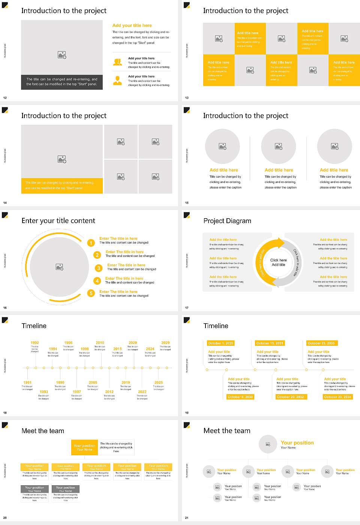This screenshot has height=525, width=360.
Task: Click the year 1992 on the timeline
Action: pyautogui.click(x=34, y=342)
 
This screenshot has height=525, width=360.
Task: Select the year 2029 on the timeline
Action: pyautogui.click(x=165, y=342)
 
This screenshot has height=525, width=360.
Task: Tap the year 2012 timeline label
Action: pyautogui.click(x=109, y=391)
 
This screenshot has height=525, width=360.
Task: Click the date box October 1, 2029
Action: pyautogui.click(x=220, y=343)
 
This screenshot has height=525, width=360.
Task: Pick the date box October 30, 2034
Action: pyautogui.click(x=337, y=397)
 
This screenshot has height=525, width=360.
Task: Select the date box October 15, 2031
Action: pyautogui.click(x=269, y=343)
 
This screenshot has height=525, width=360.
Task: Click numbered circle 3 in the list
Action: pyautogui.click(x=99, y=268)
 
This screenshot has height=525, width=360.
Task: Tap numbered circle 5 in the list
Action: pyautogui.click(x=91, y=293)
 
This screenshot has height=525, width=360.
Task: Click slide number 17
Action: pyautogui.click(x=187, y=308)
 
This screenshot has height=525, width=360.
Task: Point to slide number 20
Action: pyautogui.click(x=5, y=518)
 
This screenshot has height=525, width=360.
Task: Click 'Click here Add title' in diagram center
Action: pyautogui.click(x=278, y=262)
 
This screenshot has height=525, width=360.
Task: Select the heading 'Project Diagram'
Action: pyautogui.click(x=227, y=221)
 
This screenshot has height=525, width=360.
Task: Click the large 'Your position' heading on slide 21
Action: pyautogui.click(x=297, y=442)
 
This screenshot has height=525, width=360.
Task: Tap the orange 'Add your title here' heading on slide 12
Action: pyautogui.click(x=132, y=25)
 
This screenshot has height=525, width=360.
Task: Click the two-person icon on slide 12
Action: pyautogui.click(x=117, y=62)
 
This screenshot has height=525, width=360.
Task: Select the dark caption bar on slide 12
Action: pyautogui.click(x=62, y=82)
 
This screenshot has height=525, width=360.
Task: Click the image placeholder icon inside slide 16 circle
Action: pyautogui.click(x=59, y=267)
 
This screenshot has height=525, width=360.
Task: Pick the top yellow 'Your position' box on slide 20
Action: pyautogui.click(x=84, y=447)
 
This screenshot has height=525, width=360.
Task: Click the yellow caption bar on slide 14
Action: pyautogui.click(x=62, y=186)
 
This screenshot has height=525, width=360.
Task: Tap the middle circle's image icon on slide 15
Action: pyautogui.click(x=278, y=146)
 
